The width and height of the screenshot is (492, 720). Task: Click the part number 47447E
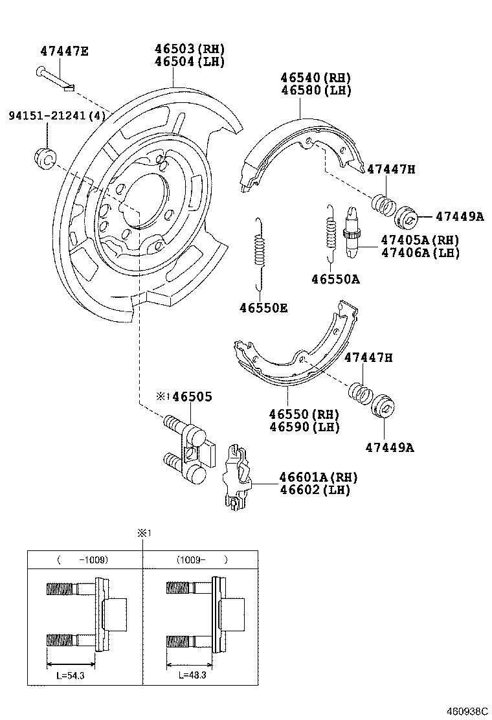click(x=64, y=51)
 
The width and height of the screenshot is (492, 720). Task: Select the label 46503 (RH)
click(x=189, y=49)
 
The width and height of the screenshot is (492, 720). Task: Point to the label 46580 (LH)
click(x=316, y=89)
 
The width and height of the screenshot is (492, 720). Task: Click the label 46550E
click(x=263, y=308)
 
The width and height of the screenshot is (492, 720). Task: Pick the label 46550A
click(x=335, y=278)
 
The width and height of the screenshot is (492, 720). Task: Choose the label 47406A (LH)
click(x=420, y=253)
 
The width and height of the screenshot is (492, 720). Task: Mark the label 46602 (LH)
click(x=315, y=489)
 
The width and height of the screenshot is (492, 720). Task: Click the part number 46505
click(x=192, y=396)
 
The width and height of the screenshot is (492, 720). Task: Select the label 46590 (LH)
click(x=304, y=427)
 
